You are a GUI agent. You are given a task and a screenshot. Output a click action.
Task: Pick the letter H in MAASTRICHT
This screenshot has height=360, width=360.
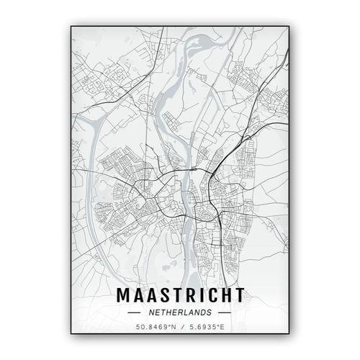225,297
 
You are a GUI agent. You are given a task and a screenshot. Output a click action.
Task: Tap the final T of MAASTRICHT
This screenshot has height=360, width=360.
238,297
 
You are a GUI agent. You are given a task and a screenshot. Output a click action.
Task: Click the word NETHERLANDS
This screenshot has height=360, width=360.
180,313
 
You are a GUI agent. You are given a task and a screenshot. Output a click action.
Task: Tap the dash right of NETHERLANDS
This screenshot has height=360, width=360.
224,314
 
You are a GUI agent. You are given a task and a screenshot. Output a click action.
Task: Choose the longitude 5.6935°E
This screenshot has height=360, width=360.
207,329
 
